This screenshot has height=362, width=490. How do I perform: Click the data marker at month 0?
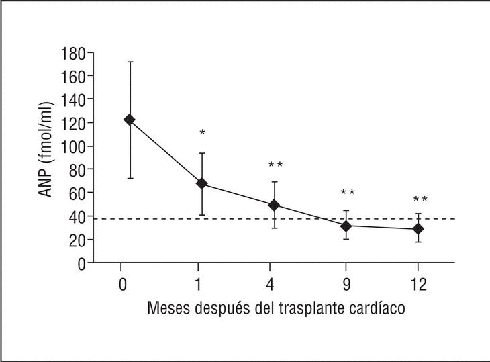[130, 120]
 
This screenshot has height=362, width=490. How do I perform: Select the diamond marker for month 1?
[201, 183]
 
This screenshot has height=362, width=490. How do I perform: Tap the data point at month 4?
[274, 205]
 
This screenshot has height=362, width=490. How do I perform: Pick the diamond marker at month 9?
[346, 226]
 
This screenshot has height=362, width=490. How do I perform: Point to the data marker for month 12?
[418, 229]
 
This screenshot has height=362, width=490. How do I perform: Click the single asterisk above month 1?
[202, 134]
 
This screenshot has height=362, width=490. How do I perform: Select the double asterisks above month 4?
[275, 165]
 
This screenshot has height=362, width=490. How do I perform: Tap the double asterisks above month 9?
[347, 193]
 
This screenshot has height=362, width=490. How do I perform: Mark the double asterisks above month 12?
[420, 200]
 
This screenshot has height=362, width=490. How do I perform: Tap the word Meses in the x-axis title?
[166, 310]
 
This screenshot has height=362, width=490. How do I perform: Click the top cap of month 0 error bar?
[130, 62]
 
